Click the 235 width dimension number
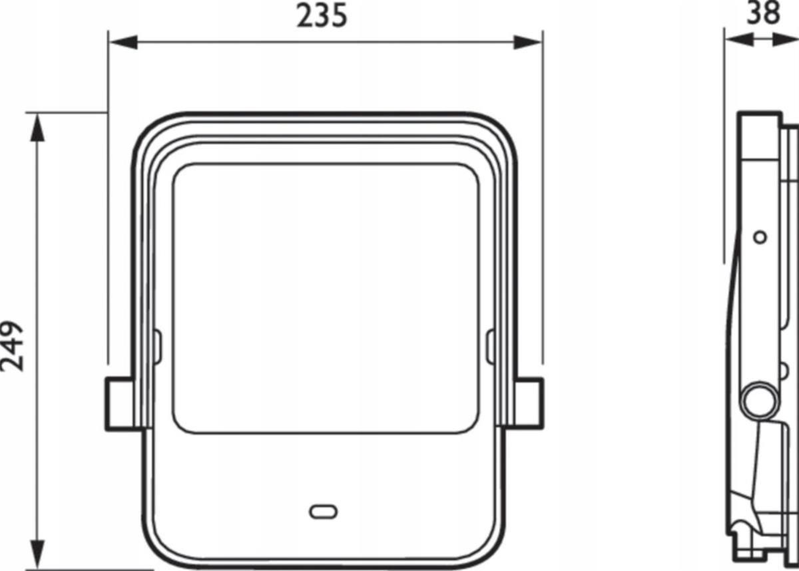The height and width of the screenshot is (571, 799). (x=322, y=16)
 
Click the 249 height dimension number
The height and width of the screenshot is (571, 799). (x=12, y=346)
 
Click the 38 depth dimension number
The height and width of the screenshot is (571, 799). (x=764, y=13)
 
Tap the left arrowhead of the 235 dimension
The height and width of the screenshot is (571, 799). (x=123, y=43)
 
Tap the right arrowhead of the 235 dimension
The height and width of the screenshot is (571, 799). (x=527, y=43)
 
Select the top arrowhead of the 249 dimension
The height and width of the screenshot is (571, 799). (x=37, y=128)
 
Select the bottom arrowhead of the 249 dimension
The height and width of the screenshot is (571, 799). (x=37, y=554)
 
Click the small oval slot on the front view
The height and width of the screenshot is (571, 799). (x=323, y=512)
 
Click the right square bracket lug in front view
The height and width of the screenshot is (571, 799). (x=529, y=403)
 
